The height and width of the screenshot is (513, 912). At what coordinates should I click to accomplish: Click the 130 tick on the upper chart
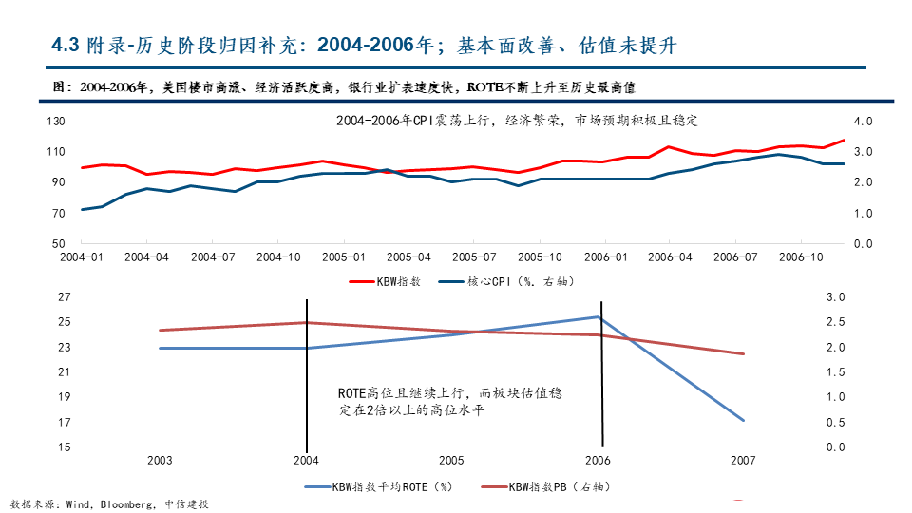click(x=56, y=122)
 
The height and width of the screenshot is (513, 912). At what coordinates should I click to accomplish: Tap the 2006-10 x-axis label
click(x=801, y=256)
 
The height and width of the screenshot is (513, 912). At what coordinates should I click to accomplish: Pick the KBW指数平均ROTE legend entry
click(x=380, y=486)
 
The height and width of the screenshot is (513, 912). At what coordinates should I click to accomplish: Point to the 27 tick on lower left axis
click(x=65, y=297)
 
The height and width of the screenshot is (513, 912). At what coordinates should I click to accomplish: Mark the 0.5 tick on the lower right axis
click(x=836, y=422)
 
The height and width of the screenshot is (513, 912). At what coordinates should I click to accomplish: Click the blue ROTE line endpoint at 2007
click(x=743, y=420)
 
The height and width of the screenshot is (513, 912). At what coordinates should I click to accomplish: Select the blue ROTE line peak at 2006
click(x=598, y=317)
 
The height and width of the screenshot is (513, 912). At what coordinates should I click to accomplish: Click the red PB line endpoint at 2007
click(x=743, y=353)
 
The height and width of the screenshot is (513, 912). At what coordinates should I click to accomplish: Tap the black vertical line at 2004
click(x=307, y=380)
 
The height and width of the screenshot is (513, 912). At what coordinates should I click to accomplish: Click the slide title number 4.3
click(x=65, y=46)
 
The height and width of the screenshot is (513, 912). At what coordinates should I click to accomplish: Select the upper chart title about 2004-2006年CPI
click(x=517, y=122)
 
